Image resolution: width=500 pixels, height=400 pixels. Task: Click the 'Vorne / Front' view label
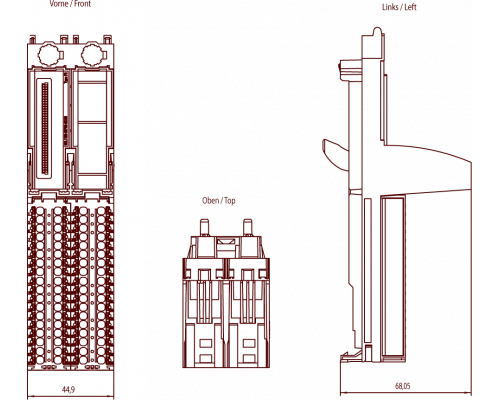coord(70,4)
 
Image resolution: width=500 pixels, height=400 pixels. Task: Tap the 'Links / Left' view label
coord(399,7)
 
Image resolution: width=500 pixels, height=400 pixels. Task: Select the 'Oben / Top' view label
coord(219,201)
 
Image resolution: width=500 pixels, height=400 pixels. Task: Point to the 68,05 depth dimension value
coord(403,386)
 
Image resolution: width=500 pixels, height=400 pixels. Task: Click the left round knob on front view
coord(50,54)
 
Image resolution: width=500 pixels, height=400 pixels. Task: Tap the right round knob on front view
coord(93,54)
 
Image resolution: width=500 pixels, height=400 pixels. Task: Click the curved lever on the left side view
coord(335,153)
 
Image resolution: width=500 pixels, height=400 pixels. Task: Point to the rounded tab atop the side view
coord(377,31)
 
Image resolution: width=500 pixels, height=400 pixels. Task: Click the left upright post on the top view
coord(204,227)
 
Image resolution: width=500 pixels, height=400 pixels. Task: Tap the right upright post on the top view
coord(247,227)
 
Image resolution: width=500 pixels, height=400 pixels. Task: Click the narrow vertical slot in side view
coord(368,271)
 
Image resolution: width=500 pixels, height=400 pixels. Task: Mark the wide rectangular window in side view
coord(393,277)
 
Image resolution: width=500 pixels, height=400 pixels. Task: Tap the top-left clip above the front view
coord(33,39)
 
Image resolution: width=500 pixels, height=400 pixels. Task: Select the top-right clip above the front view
coord(107,39)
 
